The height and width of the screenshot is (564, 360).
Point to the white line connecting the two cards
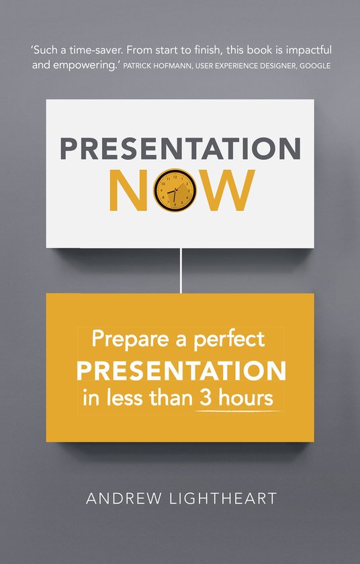click(181, 271)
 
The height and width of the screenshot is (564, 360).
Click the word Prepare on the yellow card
click(122, 340)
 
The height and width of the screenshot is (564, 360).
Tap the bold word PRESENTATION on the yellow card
click(181, 370)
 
